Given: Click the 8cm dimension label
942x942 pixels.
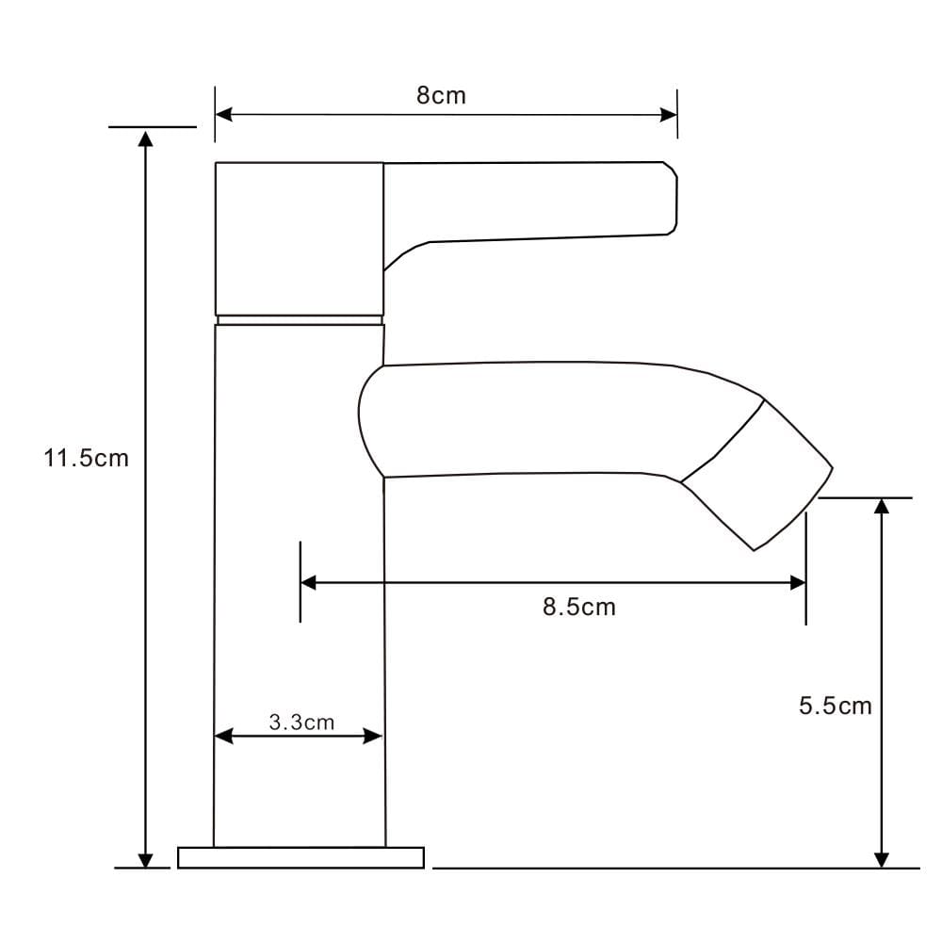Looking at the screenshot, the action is (441, 95).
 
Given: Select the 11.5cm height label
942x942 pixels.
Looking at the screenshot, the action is (86, 459).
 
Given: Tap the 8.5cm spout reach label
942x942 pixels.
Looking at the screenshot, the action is (579, 607).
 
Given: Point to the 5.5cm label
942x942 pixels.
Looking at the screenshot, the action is (835, 706).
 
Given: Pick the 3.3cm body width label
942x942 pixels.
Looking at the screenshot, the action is (301, 723).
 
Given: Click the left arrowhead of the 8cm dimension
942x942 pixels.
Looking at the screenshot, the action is (223, 114).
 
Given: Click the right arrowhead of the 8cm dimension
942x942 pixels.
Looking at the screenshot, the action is (669, 115).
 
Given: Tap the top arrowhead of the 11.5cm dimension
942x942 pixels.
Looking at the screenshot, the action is (145, 138).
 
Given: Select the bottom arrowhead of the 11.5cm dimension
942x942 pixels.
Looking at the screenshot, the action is (145, 859).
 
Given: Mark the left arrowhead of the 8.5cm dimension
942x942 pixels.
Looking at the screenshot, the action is (308, 582).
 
